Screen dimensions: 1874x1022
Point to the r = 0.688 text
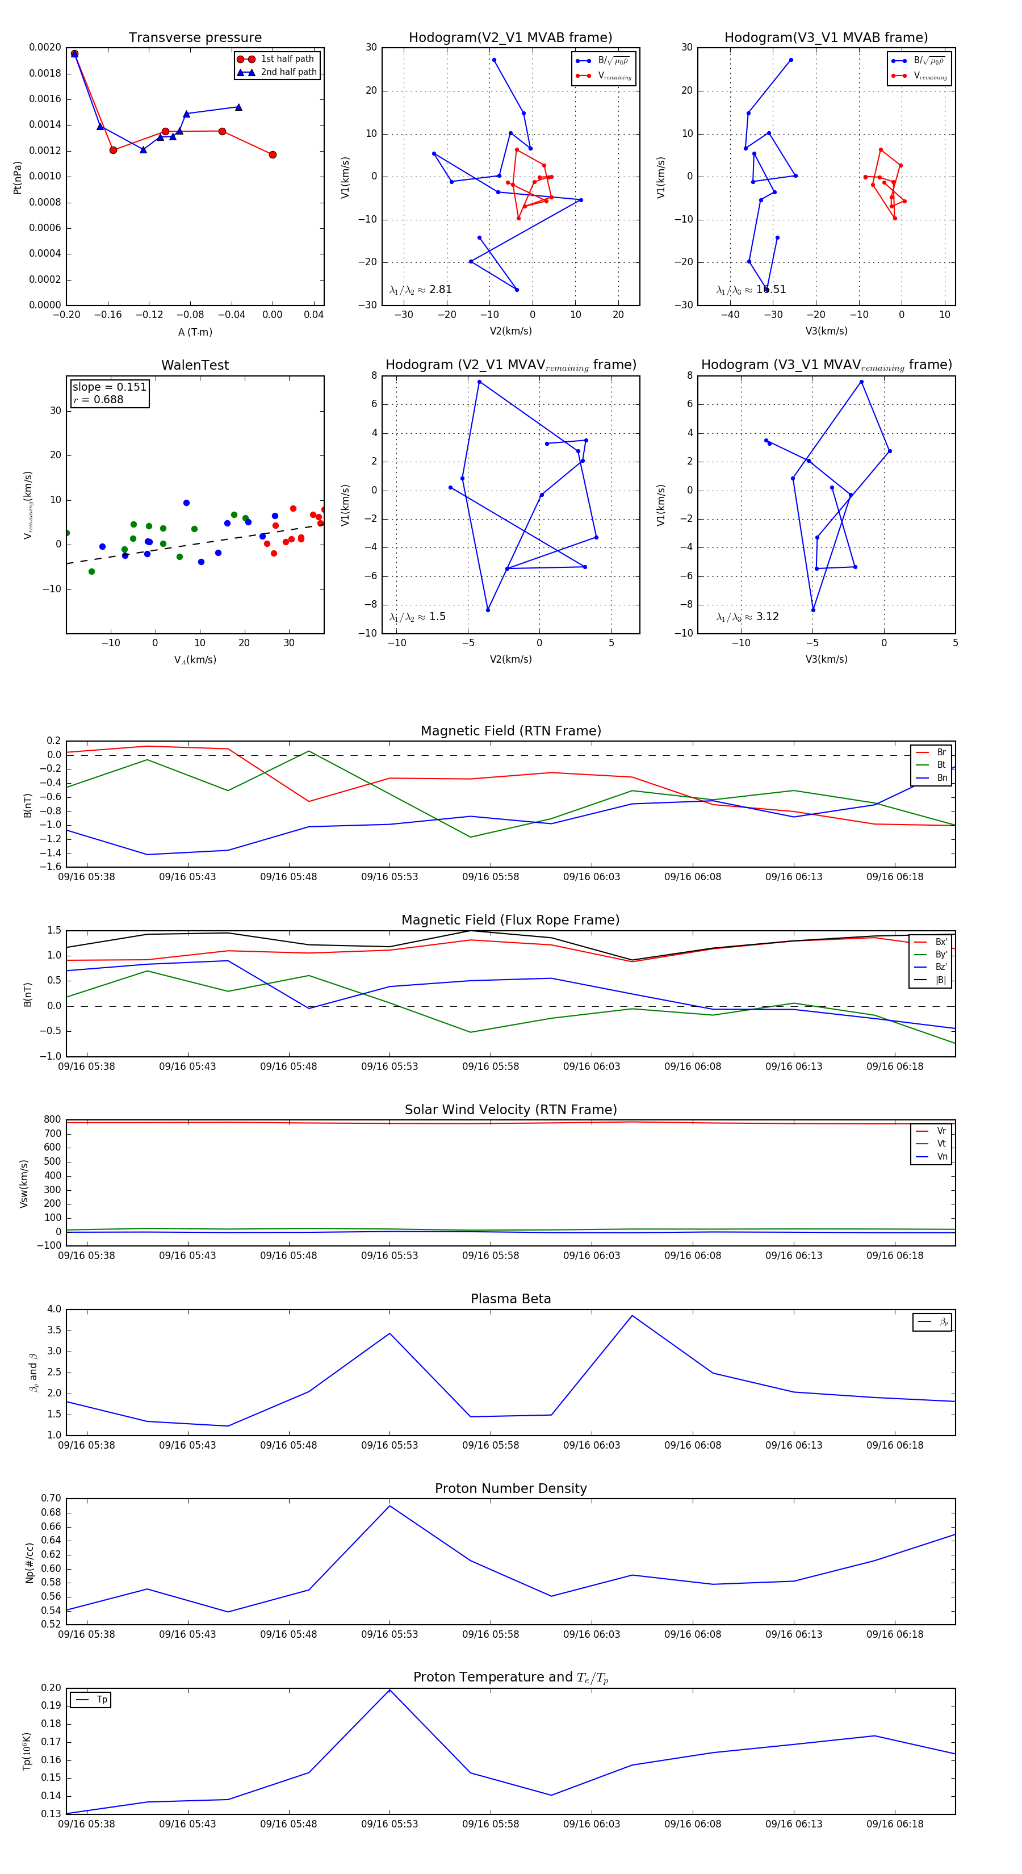(x=98, y=399)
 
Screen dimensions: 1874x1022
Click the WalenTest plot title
(x=195, y=365)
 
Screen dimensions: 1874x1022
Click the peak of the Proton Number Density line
(x=390, y=1505)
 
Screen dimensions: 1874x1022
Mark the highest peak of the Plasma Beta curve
(x=632, y=1315)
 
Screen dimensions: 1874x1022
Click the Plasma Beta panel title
(x=510, y=1299)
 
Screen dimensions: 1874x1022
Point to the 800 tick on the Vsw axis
(x=52, y=1120)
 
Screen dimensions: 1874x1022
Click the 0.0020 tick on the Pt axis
(x=45, y=48)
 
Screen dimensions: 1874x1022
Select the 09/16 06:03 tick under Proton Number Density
(x=592, y=1634)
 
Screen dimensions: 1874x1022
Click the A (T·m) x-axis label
(x=195, y=332)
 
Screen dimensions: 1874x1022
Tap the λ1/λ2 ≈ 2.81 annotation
(x=420, y=290)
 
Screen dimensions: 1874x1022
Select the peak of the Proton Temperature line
(x=390, y=1689)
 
